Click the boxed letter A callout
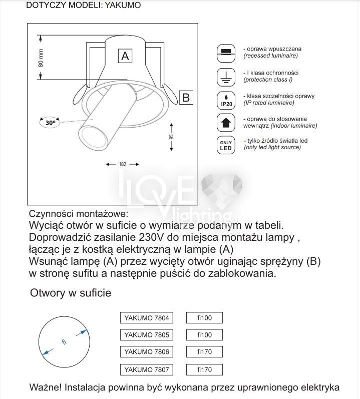(126, 56)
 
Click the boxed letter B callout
(186, 97)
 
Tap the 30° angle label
(50, 122)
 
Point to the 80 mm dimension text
(41, 58)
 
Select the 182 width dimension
(122, 164)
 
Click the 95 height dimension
(171, 136)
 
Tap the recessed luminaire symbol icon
(226, 52)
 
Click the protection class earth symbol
(226, 76)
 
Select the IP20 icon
(226, 99)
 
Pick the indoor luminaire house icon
(226, 122)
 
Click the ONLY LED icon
(226, 145)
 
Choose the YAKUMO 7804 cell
(147, 318)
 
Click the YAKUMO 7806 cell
(147, 352)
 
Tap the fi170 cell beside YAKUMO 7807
(204, 369)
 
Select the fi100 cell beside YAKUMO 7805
(204, 335)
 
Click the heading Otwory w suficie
(71, 292)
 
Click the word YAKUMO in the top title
(123, 6)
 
